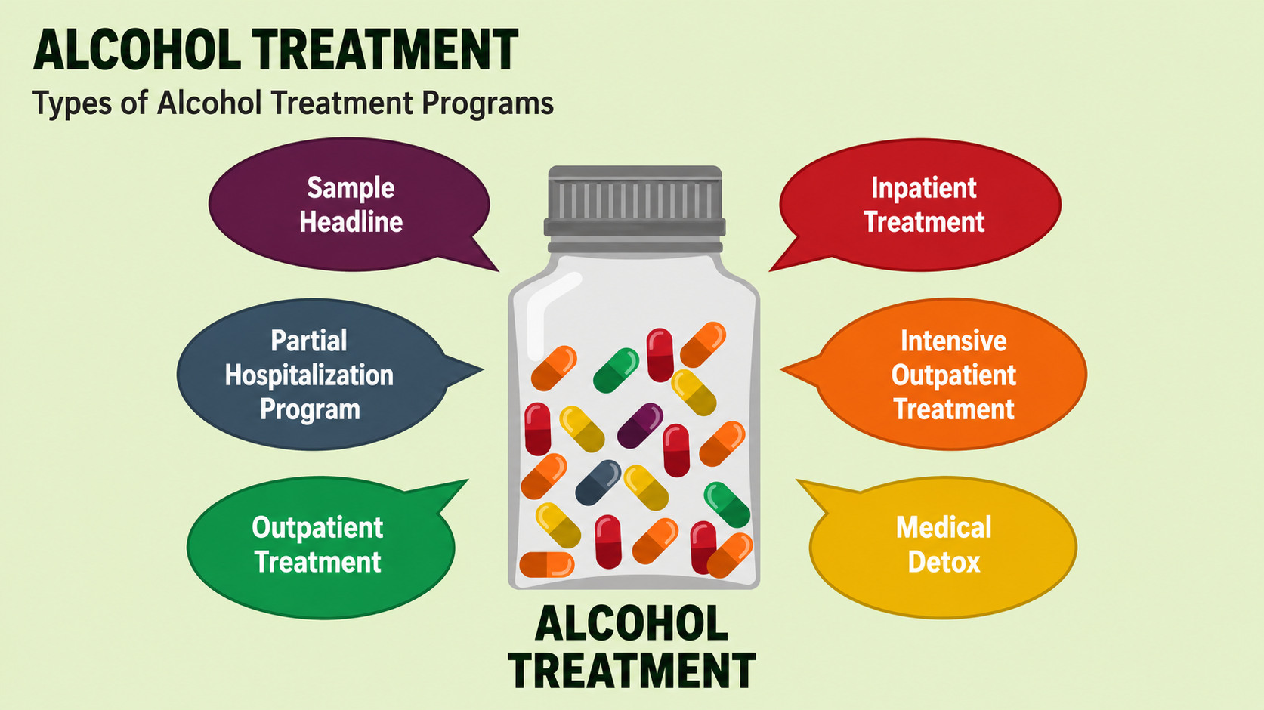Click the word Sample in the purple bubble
coord(351,188)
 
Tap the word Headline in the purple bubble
coord(351,222)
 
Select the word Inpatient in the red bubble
coord(924,189)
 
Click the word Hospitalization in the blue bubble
coord(309,375)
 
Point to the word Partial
coord(309,341)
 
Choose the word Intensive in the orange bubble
coord(953,341)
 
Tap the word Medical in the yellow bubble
coord(944,528)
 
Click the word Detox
coord(944,562)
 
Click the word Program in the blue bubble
coord(310,409)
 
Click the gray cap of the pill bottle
coord(635,208)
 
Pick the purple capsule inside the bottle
coord(640,425)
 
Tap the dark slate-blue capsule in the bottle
coord(598,483)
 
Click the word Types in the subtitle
coord(72,104)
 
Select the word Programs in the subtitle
coord(487,104)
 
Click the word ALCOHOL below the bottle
coord(632,624)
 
